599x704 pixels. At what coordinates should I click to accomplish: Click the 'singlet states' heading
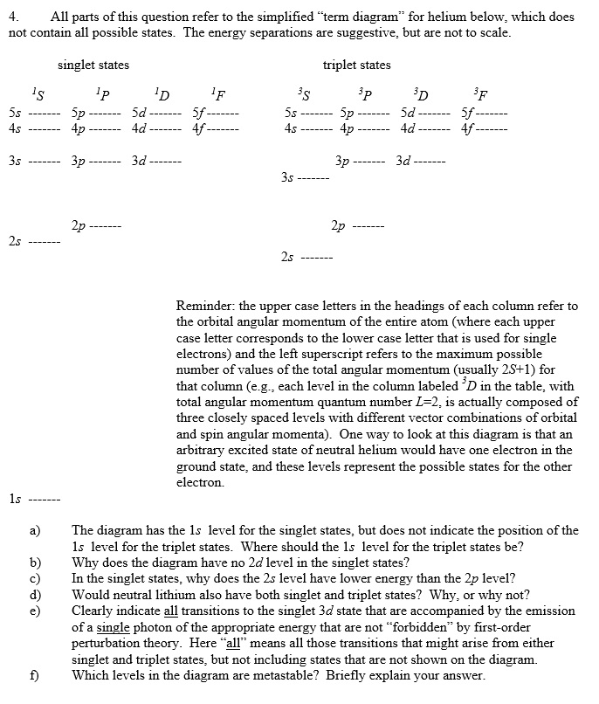(93, 65)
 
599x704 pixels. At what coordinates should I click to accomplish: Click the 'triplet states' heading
(356, 65)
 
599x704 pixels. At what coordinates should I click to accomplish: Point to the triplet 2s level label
(288, 257)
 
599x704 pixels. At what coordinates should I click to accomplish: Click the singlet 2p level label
(78, 225)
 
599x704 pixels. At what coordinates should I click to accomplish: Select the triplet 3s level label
(288, 177)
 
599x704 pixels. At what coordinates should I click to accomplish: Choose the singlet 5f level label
(198, 113)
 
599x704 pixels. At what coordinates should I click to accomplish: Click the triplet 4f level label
(462, 128)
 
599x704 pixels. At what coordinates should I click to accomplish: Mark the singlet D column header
(158, 92)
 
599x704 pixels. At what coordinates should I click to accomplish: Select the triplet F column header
(479, 92)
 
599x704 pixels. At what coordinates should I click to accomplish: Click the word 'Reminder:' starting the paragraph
(205, 307)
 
